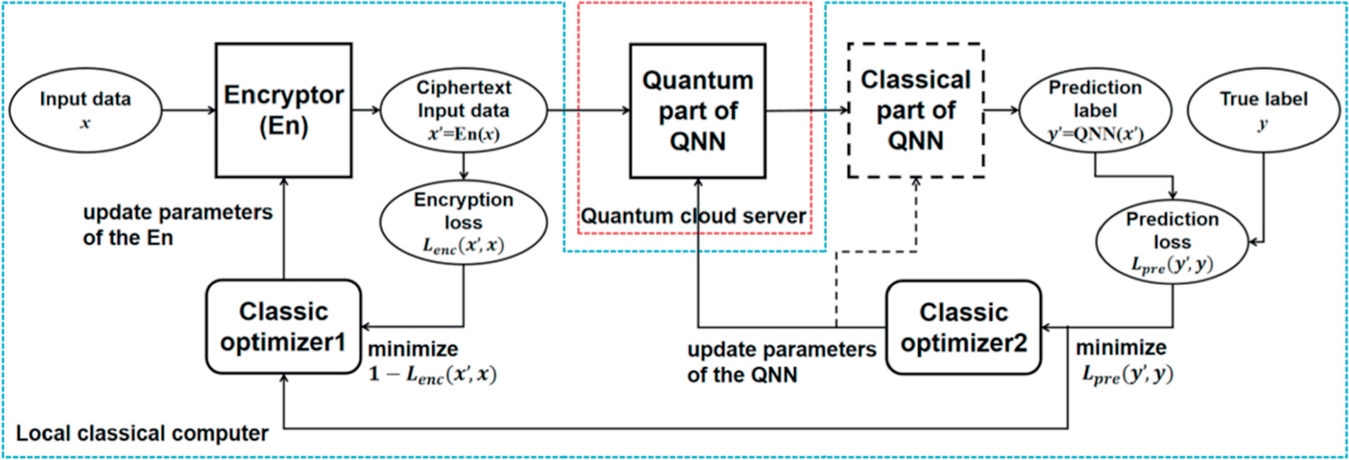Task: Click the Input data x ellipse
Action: (x=85, y=110)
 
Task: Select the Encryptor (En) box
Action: (x=283, y=110)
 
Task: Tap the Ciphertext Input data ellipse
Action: (x=463, y=111)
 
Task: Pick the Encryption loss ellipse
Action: (x=463, y=223)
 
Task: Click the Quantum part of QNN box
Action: (x=697, y=111)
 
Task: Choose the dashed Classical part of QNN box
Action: (x=915, y=110)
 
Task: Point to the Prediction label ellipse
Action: (x=1095, y=110)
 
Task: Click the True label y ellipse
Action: (x=1263, y=110)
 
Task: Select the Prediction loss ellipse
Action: (x=1171, y=241)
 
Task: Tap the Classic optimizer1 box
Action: (x=283, y=326)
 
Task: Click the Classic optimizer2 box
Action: (x=963, y=327)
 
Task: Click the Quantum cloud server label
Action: (x=693, y=216)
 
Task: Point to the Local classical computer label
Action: (x=142, y=433)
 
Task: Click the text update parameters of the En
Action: (x=177, y=225)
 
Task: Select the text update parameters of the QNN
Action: (x=781, y=362)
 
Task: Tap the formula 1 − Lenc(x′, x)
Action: (x=432, y=374)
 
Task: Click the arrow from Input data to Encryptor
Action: (x=189, y=110)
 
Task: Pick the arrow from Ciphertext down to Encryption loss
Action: (x=464, y=167)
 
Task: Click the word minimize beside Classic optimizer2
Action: (x=1121, y=348)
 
